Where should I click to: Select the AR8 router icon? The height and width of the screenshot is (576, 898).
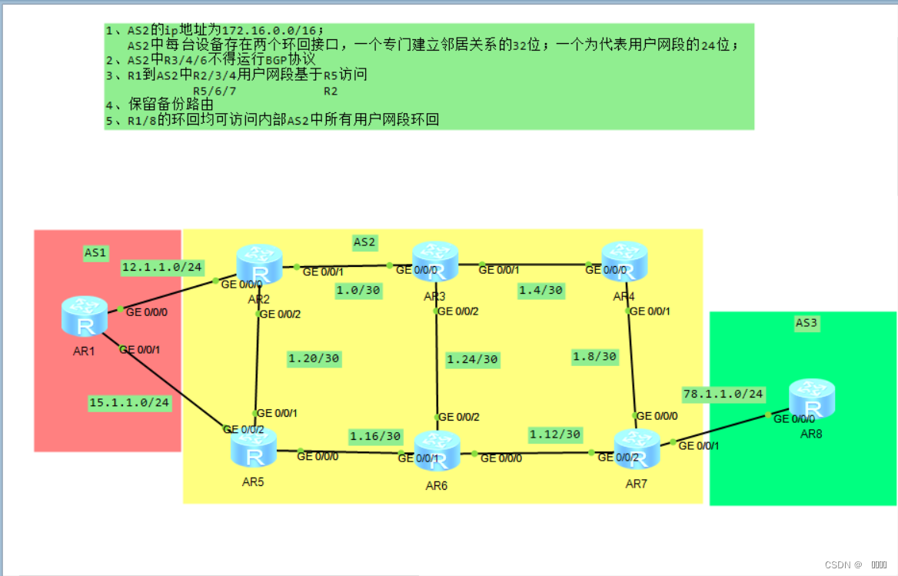point(811,398)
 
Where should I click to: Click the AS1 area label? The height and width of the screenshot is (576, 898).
point(96,251)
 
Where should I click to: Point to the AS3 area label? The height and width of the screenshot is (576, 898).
point(806,323)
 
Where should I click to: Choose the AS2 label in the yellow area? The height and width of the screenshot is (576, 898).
point(364,241)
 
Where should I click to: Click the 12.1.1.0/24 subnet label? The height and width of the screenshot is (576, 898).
point(162,267)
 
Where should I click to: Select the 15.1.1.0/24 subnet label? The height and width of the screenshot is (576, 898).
point(129,402)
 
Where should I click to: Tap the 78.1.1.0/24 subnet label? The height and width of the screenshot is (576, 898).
point(723,394)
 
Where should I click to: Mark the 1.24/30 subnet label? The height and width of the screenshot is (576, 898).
point(472,359)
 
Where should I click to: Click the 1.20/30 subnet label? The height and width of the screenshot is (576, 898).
point(314,358)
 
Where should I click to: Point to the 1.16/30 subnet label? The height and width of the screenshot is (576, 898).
point(375,436)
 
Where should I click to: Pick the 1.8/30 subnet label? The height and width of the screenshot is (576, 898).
point(594,356)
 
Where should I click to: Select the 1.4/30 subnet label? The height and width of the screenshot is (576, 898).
point(540,290)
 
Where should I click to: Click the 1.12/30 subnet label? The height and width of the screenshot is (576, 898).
point(554,434)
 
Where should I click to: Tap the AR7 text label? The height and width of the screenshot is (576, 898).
point(637,484)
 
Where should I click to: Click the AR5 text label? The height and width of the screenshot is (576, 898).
point(253,482)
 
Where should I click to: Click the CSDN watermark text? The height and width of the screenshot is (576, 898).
point(843,564)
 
